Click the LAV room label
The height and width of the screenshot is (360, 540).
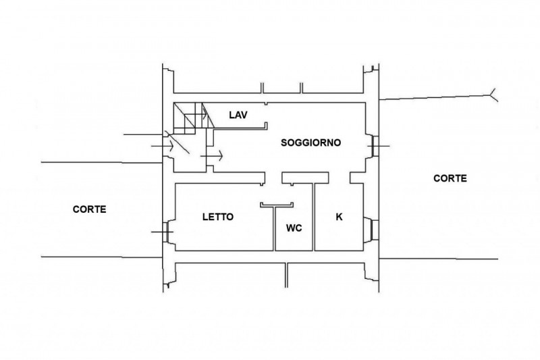[237, 115]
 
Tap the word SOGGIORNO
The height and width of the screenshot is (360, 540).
[311, 143]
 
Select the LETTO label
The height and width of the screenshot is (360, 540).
[218, 217]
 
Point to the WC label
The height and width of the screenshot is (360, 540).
[294, 228]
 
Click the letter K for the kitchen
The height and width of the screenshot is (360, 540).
[340, 217]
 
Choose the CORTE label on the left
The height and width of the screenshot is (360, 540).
[89, 209]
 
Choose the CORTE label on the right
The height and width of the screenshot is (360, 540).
[450, 178]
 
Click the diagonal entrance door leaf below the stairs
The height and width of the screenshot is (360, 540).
[180, 146]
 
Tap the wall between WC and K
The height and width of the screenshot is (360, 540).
[315, 216]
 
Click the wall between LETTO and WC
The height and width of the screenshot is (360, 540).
[275, 226]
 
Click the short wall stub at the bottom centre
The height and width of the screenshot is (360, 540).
[286, 273]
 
